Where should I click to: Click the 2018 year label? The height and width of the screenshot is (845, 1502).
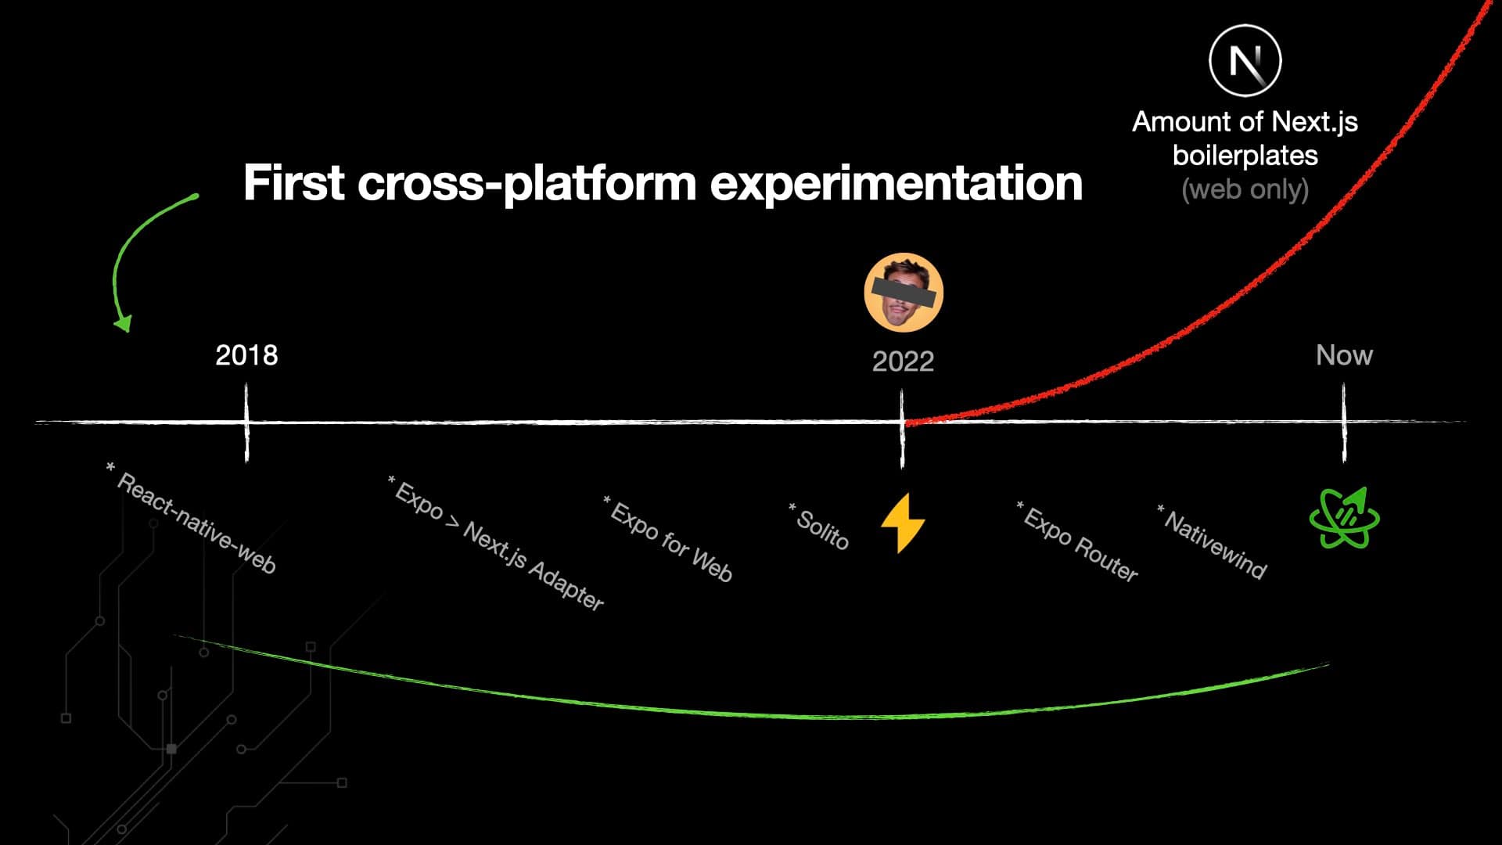246,355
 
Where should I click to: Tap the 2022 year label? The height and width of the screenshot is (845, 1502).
903,361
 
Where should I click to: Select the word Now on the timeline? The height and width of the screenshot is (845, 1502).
1344,355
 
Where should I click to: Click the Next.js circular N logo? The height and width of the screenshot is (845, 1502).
1245,60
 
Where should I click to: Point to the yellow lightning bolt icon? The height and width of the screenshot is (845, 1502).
903,523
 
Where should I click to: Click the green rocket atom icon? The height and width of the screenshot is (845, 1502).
1344,518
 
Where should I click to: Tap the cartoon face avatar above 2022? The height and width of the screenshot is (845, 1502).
904,293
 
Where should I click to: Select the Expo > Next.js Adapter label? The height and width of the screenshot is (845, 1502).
498,543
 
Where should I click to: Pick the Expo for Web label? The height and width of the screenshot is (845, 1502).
670,541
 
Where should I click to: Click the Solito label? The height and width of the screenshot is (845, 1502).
820,527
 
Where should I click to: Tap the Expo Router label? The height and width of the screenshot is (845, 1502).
1078,542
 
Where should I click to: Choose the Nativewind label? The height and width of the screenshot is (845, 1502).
1213,542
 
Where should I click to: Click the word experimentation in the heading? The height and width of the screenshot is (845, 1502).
896,182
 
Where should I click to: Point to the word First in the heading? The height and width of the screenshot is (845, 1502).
294,182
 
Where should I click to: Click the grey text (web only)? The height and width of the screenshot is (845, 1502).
1245,189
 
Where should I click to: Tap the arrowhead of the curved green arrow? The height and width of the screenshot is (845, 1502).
123,322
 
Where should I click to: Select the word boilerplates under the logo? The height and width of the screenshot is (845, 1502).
1245,155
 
